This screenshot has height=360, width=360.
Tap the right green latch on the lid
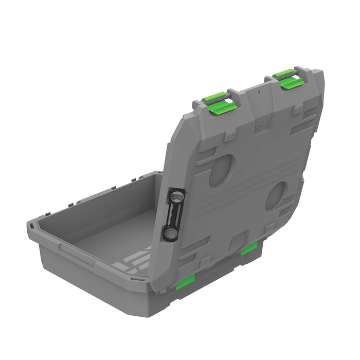pyautogui.click(x=290, y=79)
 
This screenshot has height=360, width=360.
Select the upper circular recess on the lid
pyautogui.click(x=222, y=171)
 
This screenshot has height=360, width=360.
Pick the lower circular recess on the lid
pyautogui.click(x=277, y=196)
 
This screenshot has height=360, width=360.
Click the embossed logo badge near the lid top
pyautogui.click(x=262, y=124)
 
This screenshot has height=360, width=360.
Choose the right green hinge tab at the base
pyautogui.click(x=250, y=248)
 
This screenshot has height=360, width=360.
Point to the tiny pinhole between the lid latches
pyautogui.click(x=260, y=93)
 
